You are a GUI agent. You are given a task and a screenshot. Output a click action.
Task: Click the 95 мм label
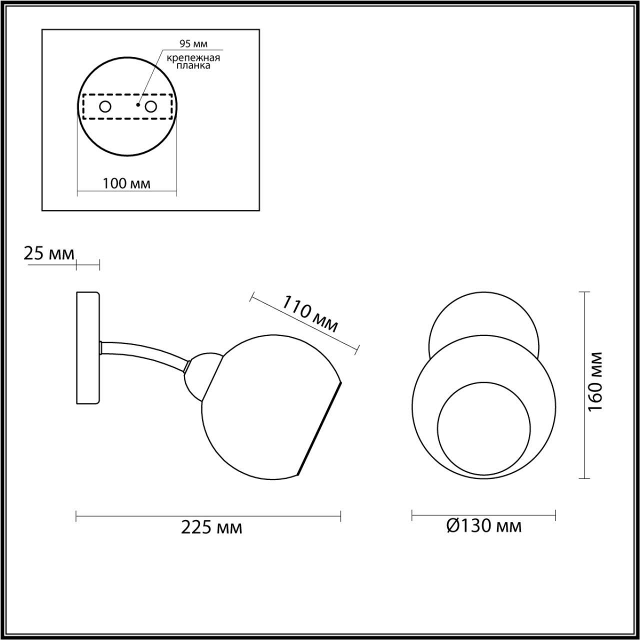click(193, 44)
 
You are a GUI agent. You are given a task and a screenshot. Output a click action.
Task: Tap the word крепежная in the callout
click(193, 57)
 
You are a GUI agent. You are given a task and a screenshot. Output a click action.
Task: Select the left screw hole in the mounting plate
click(105, 106)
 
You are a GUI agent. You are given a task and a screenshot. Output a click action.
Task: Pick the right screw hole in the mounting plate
click(150, 106)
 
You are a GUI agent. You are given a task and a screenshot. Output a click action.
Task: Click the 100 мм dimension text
click(126, 183)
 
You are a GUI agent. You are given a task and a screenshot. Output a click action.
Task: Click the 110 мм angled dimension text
click(310, 314)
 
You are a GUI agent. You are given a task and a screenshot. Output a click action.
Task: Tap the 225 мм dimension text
click(211, 527)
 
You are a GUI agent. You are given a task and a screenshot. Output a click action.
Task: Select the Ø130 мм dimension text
click(483, 525)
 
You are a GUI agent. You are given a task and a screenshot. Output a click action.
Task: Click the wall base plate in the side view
click(88, 348)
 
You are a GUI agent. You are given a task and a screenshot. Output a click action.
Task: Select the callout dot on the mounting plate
click(138, 105)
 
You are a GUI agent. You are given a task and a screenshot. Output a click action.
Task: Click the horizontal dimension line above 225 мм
click(208, 515)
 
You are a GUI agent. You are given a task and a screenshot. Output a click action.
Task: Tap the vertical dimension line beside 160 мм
click(584, 385)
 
